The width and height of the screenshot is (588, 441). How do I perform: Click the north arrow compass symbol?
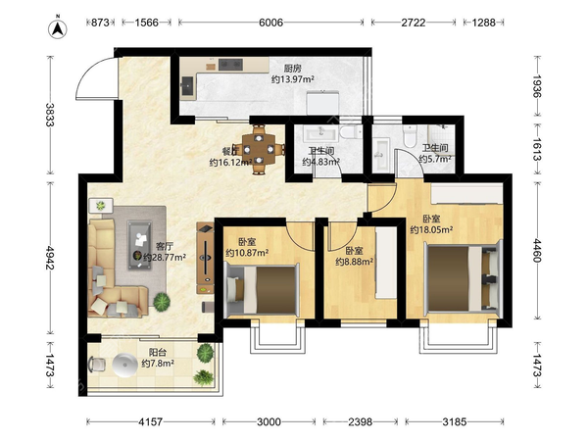[x=58, y=28]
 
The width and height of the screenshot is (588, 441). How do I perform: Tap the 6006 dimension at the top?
[x=270, y=23]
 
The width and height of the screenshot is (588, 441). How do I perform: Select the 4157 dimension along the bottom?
[x=150, y=422]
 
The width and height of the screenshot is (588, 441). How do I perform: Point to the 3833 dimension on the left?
[x=50, y=115]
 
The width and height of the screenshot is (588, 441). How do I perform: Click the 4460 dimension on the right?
[x=537, y=251]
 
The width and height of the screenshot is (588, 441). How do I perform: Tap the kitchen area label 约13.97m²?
[x=292, y=79]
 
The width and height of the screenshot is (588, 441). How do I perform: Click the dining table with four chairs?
[x=259, y=149]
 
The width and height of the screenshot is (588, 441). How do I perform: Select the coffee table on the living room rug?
[x=139, y=245]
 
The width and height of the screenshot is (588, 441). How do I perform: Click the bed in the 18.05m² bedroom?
[x=464, y=278]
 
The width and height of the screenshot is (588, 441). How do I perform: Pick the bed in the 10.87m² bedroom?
[x=262, y=289]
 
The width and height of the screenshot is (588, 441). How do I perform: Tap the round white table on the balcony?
[x=125, y=365]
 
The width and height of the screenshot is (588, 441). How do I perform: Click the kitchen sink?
[x=187, y=87]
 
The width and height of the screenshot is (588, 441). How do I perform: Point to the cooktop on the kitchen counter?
[x=230, y=65]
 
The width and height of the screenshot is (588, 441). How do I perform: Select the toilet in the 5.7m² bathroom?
[x=410, y=136]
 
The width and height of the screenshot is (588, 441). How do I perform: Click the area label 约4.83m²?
[x=321, y=162]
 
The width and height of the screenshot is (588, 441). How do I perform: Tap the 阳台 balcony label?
[x=158, y=353]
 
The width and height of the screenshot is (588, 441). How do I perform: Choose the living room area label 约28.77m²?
[x=165, y=258]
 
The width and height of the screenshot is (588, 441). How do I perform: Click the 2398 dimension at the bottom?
[x=360, y=422]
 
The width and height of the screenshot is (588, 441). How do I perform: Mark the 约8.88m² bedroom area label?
[x=354, y=262]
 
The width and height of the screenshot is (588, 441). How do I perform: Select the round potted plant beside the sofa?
[x=162, y=302]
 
